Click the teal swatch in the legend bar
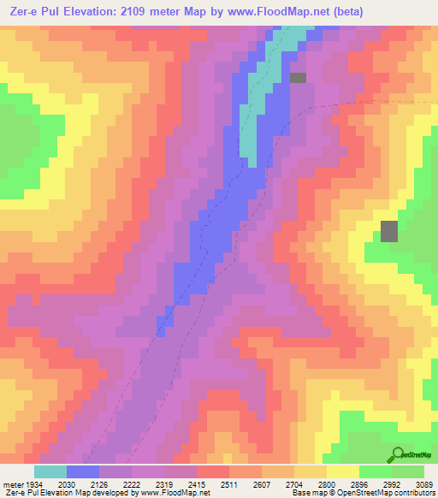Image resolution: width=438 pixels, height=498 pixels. point(50,471)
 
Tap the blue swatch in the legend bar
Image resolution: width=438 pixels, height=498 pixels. point(83,471)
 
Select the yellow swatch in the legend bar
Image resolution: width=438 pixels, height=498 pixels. point(343,471)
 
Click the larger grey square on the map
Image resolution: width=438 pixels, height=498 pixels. point(389,231)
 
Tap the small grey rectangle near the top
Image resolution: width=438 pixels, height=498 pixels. point(298,78)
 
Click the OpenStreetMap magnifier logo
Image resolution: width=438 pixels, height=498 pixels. point(399,454)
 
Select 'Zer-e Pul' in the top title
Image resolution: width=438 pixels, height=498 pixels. point(35,12)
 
